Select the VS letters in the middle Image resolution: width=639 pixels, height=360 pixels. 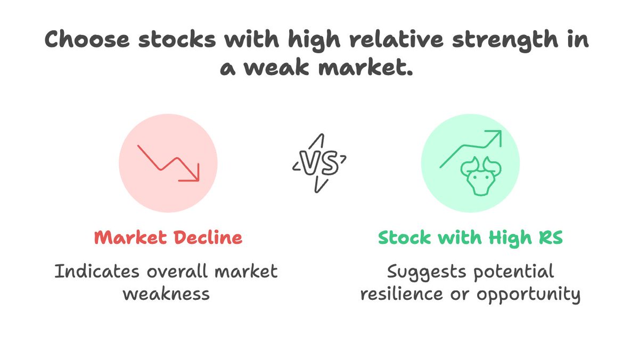(x=319, y=163)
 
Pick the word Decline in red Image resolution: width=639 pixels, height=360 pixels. (x=208, y=238)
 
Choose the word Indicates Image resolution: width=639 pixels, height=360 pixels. (x=96, y=272)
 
